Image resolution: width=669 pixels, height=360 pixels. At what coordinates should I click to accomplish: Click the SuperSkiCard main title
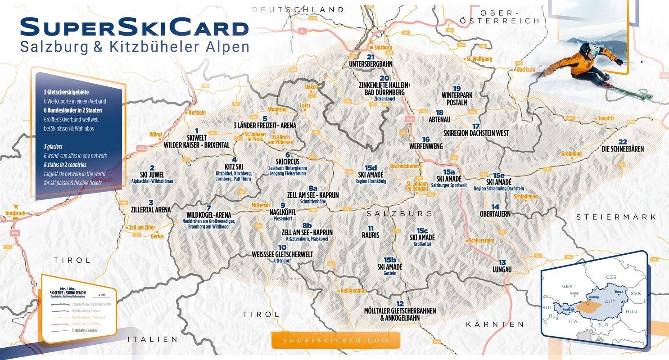[134, 28]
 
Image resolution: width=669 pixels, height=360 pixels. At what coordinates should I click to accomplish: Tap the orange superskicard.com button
[335, 340]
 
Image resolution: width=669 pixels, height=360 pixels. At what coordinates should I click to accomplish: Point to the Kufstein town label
[197, 112]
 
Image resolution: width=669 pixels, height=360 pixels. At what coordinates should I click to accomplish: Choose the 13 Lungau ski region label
[502, 266]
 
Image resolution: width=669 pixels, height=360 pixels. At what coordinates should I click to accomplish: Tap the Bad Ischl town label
[527, 70]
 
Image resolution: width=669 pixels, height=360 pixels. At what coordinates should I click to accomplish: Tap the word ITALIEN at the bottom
[153, 339]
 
